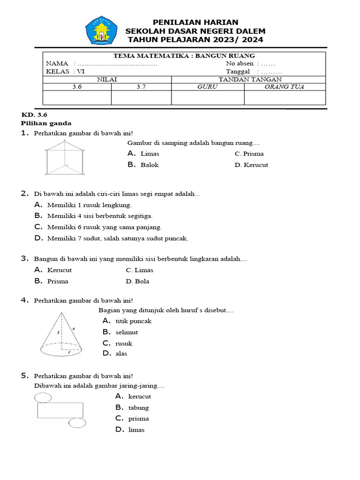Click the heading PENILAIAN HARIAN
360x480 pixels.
pyautogui.click(x=195, y=22)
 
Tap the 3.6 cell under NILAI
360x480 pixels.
pyautogui.click(x=77, y=87)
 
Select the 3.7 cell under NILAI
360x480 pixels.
pyautogui.click(x=141, y=87)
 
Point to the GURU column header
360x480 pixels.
pyautogui.click(x=207, y=87)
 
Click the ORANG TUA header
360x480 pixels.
pyautogui.click(x=284, y=87)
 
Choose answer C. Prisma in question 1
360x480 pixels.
pyautogui.click(x=249, y=154)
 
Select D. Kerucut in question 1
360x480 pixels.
pyautogui.click(x=251, y=165)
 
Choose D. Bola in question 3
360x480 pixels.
pyautogui.click(x=137, y=281)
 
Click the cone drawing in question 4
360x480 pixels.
pyautogui.click(x=61, y=334)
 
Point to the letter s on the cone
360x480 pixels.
pyautogui.click(x=74, y=329)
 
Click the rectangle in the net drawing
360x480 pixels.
pyautogui.click(x=60, y=410)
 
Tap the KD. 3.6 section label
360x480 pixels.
pyautogui.click(x=34, y=114)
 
